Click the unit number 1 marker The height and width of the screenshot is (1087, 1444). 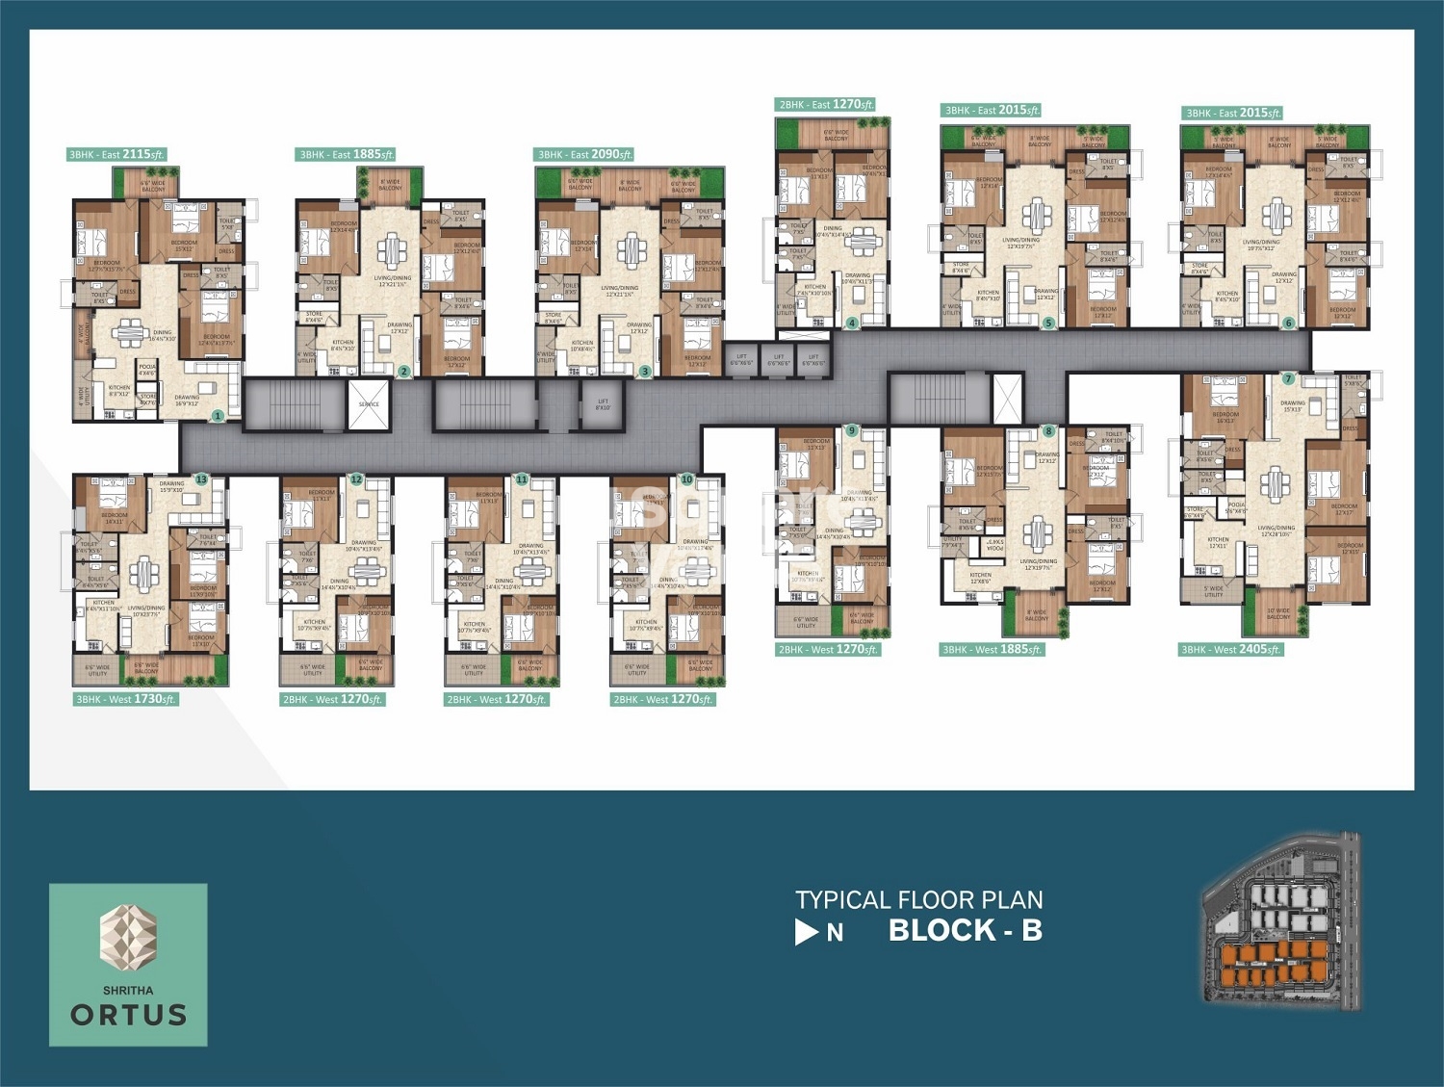click(x=219, y=416)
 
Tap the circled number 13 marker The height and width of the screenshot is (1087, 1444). click(x=201, y=479)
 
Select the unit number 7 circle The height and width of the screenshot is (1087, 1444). click(x=1288, y=379)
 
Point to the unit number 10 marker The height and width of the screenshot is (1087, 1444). click(x=686, y=479)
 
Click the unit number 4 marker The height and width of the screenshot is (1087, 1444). click(x=852, y=324)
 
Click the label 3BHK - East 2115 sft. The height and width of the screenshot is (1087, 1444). click(x=116, y=154)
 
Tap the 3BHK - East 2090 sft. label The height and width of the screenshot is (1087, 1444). click(x=584, y=154)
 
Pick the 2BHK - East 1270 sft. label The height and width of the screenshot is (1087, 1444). click(x=826, y=104)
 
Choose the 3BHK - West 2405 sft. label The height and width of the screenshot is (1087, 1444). click(x=1231, y=650)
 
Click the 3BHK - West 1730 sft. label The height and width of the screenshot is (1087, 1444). click(x=126, y=699)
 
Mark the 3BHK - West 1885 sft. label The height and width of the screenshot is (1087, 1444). click(x=992, y=650)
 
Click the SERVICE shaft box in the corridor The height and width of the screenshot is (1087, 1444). click(x=369, y=403)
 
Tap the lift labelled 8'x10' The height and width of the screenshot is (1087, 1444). click(x=603, y=403)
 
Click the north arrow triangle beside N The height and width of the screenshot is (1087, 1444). click(x=806, y=932)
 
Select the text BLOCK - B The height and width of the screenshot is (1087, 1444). click(x=965, y=930)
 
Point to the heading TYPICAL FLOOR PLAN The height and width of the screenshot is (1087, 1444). click(x=918, y=900)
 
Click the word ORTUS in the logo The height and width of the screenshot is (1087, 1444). click(x=129, y=1015)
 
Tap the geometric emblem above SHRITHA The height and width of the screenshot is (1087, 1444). click(x=129, y=935)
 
